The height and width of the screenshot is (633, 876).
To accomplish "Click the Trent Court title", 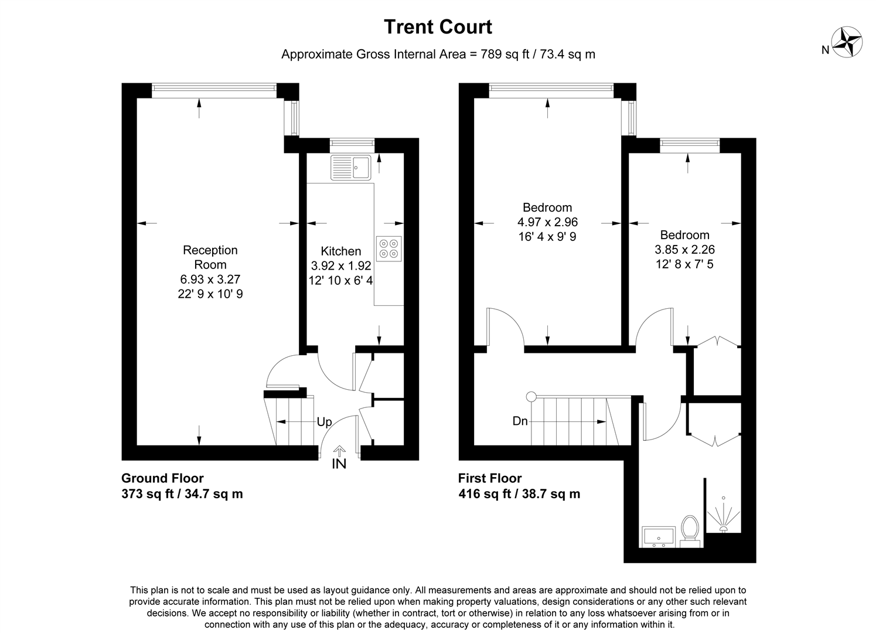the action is coord(438,27).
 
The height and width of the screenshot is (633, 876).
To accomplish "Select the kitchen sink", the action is coord(351,168).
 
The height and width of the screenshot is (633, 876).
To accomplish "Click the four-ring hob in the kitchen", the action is coord(388,249).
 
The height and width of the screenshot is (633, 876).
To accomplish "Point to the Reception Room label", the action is coord(210,257).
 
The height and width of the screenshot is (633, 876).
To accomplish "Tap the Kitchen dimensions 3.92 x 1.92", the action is coord(341,266).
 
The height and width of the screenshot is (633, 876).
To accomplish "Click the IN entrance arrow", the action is coord(339,452).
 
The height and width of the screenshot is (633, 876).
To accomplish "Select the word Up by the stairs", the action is coord(324,422).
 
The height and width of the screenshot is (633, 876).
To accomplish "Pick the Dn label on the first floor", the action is coord(520,421).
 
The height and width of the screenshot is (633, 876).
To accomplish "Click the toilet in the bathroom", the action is coord(690,531).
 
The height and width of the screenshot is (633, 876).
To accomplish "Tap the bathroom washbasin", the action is coord(659,536).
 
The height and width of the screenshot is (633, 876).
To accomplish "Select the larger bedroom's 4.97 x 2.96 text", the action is coord(547,222).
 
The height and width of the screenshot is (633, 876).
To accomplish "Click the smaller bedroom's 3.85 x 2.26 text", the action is coord(685,250).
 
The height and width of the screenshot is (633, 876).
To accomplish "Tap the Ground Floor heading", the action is coord(162,478).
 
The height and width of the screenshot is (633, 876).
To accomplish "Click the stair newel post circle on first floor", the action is coord(531,397).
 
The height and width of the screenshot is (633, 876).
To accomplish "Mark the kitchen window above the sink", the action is coord(352,145).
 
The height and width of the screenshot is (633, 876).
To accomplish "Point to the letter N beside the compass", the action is coord(825,50).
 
